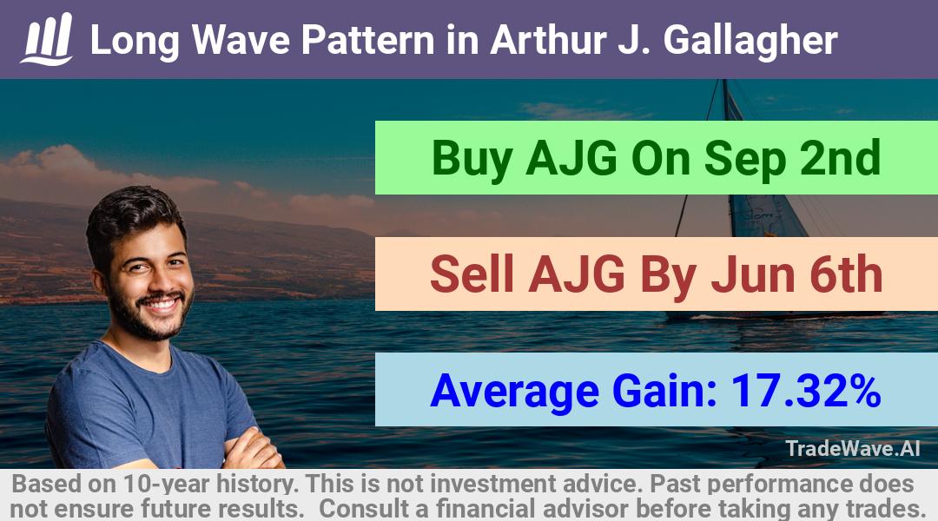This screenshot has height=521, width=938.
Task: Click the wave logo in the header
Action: pyautogui.click(x=47, y=39)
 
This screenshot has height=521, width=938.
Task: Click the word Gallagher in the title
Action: pyautogui.click(x=750, y=41)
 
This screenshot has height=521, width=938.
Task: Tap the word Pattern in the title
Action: pyautogui.click(x=368, y=40)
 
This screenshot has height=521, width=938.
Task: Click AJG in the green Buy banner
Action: pyautogui.click(x=571, y=159)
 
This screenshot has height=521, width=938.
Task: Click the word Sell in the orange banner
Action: pyautogui.click(x=472, y=274)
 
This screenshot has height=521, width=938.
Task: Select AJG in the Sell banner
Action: pyautogui.click(x=577, y=274)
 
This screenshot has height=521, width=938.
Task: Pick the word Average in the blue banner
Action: pyautogui.click(x=514, y=392)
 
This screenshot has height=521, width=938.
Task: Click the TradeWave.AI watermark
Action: pyautogui.click(x=853, y=448)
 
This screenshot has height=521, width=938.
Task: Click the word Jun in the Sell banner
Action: pyautogui.click(x=753, y=274)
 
